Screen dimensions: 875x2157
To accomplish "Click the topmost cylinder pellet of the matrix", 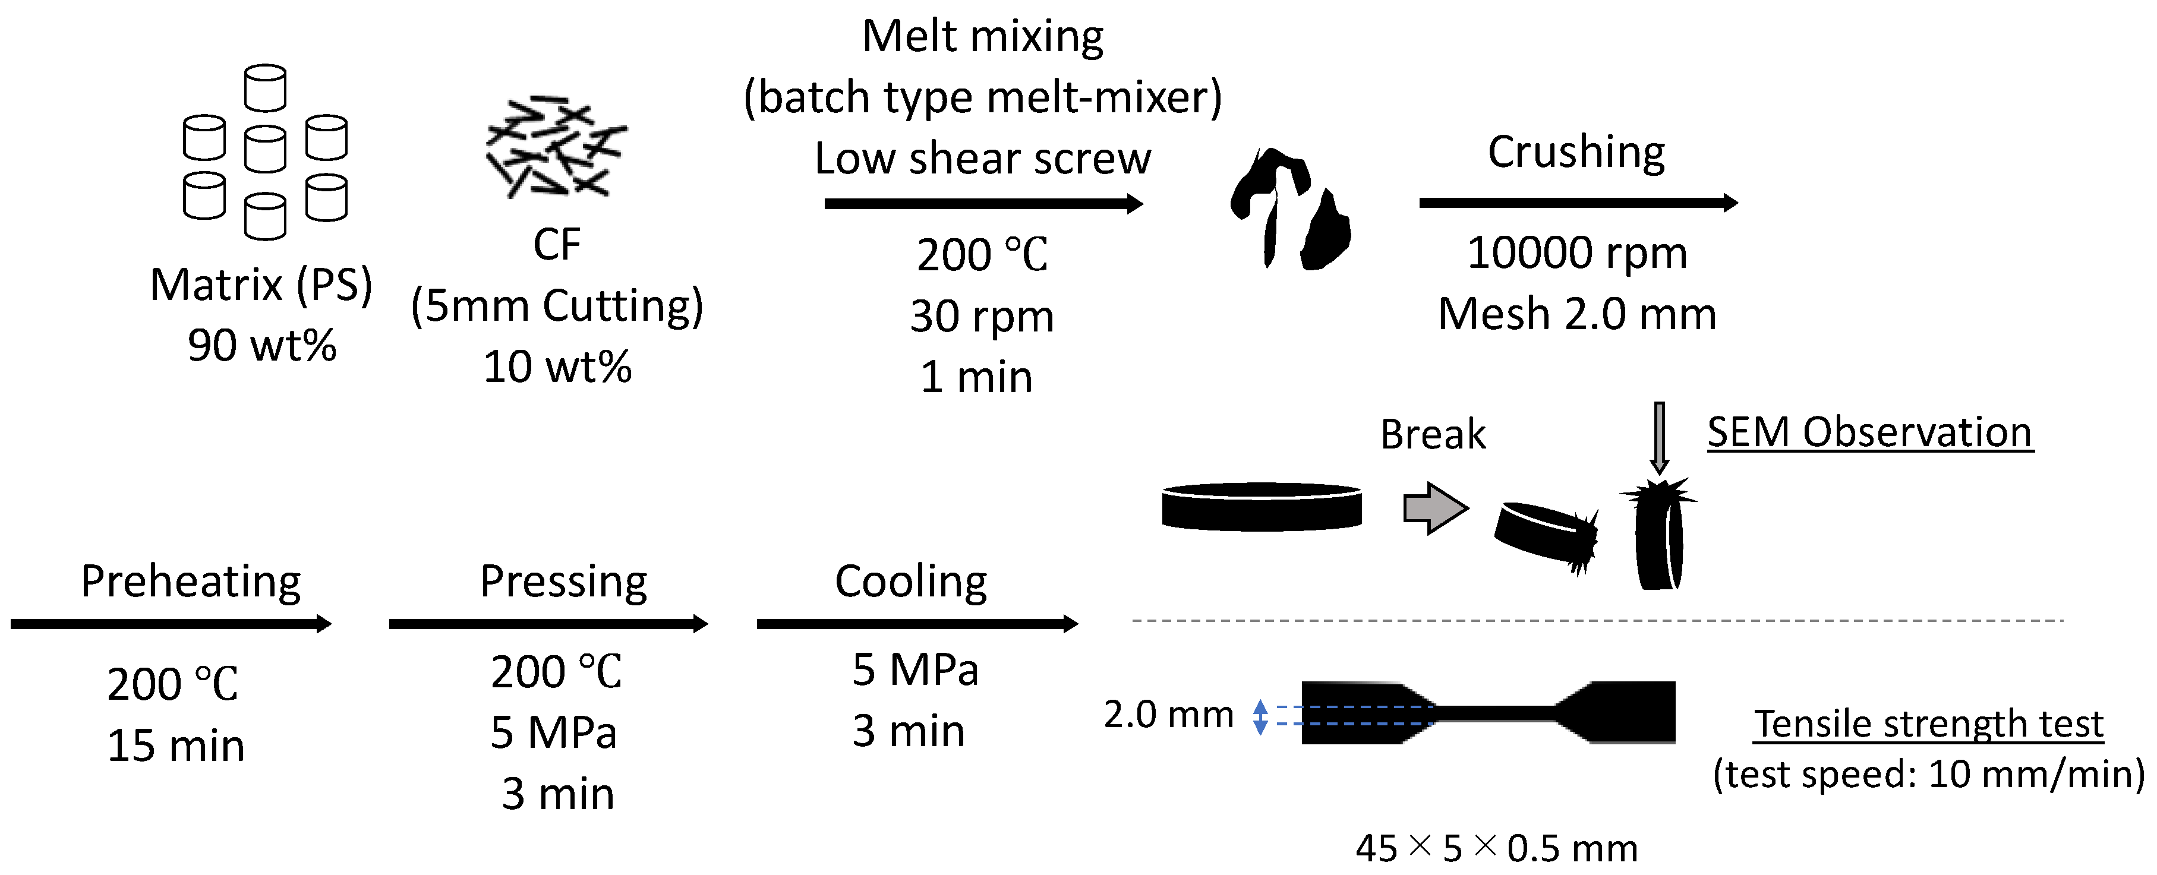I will [266, 88].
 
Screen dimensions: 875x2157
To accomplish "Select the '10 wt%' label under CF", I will [557, 367].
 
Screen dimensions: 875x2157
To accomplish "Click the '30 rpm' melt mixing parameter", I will [982, 317].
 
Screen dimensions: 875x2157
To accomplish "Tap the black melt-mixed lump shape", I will [1289, 209].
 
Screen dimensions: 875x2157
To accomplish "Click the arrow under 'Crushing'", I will [1578, 203].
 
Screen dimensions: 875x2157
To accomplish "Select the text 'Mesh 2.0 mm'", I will [1576, 314].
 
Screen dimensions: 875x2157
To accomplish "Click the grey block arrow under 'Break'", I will [1435, 508].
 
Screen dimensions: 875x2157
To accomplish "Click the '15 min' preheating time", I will [175, 746].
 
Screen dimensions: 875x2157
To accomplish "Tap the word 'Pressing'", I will [563, 581].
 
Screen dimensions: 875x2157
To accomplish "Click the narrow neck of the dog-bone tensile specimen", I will [1494, 713].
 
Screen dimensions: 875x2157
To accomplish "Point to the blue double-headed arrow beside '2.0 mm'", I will [1259, 717].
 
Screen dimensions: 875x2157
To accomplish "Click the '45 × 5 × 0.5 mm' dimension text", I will [1496, 848].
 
